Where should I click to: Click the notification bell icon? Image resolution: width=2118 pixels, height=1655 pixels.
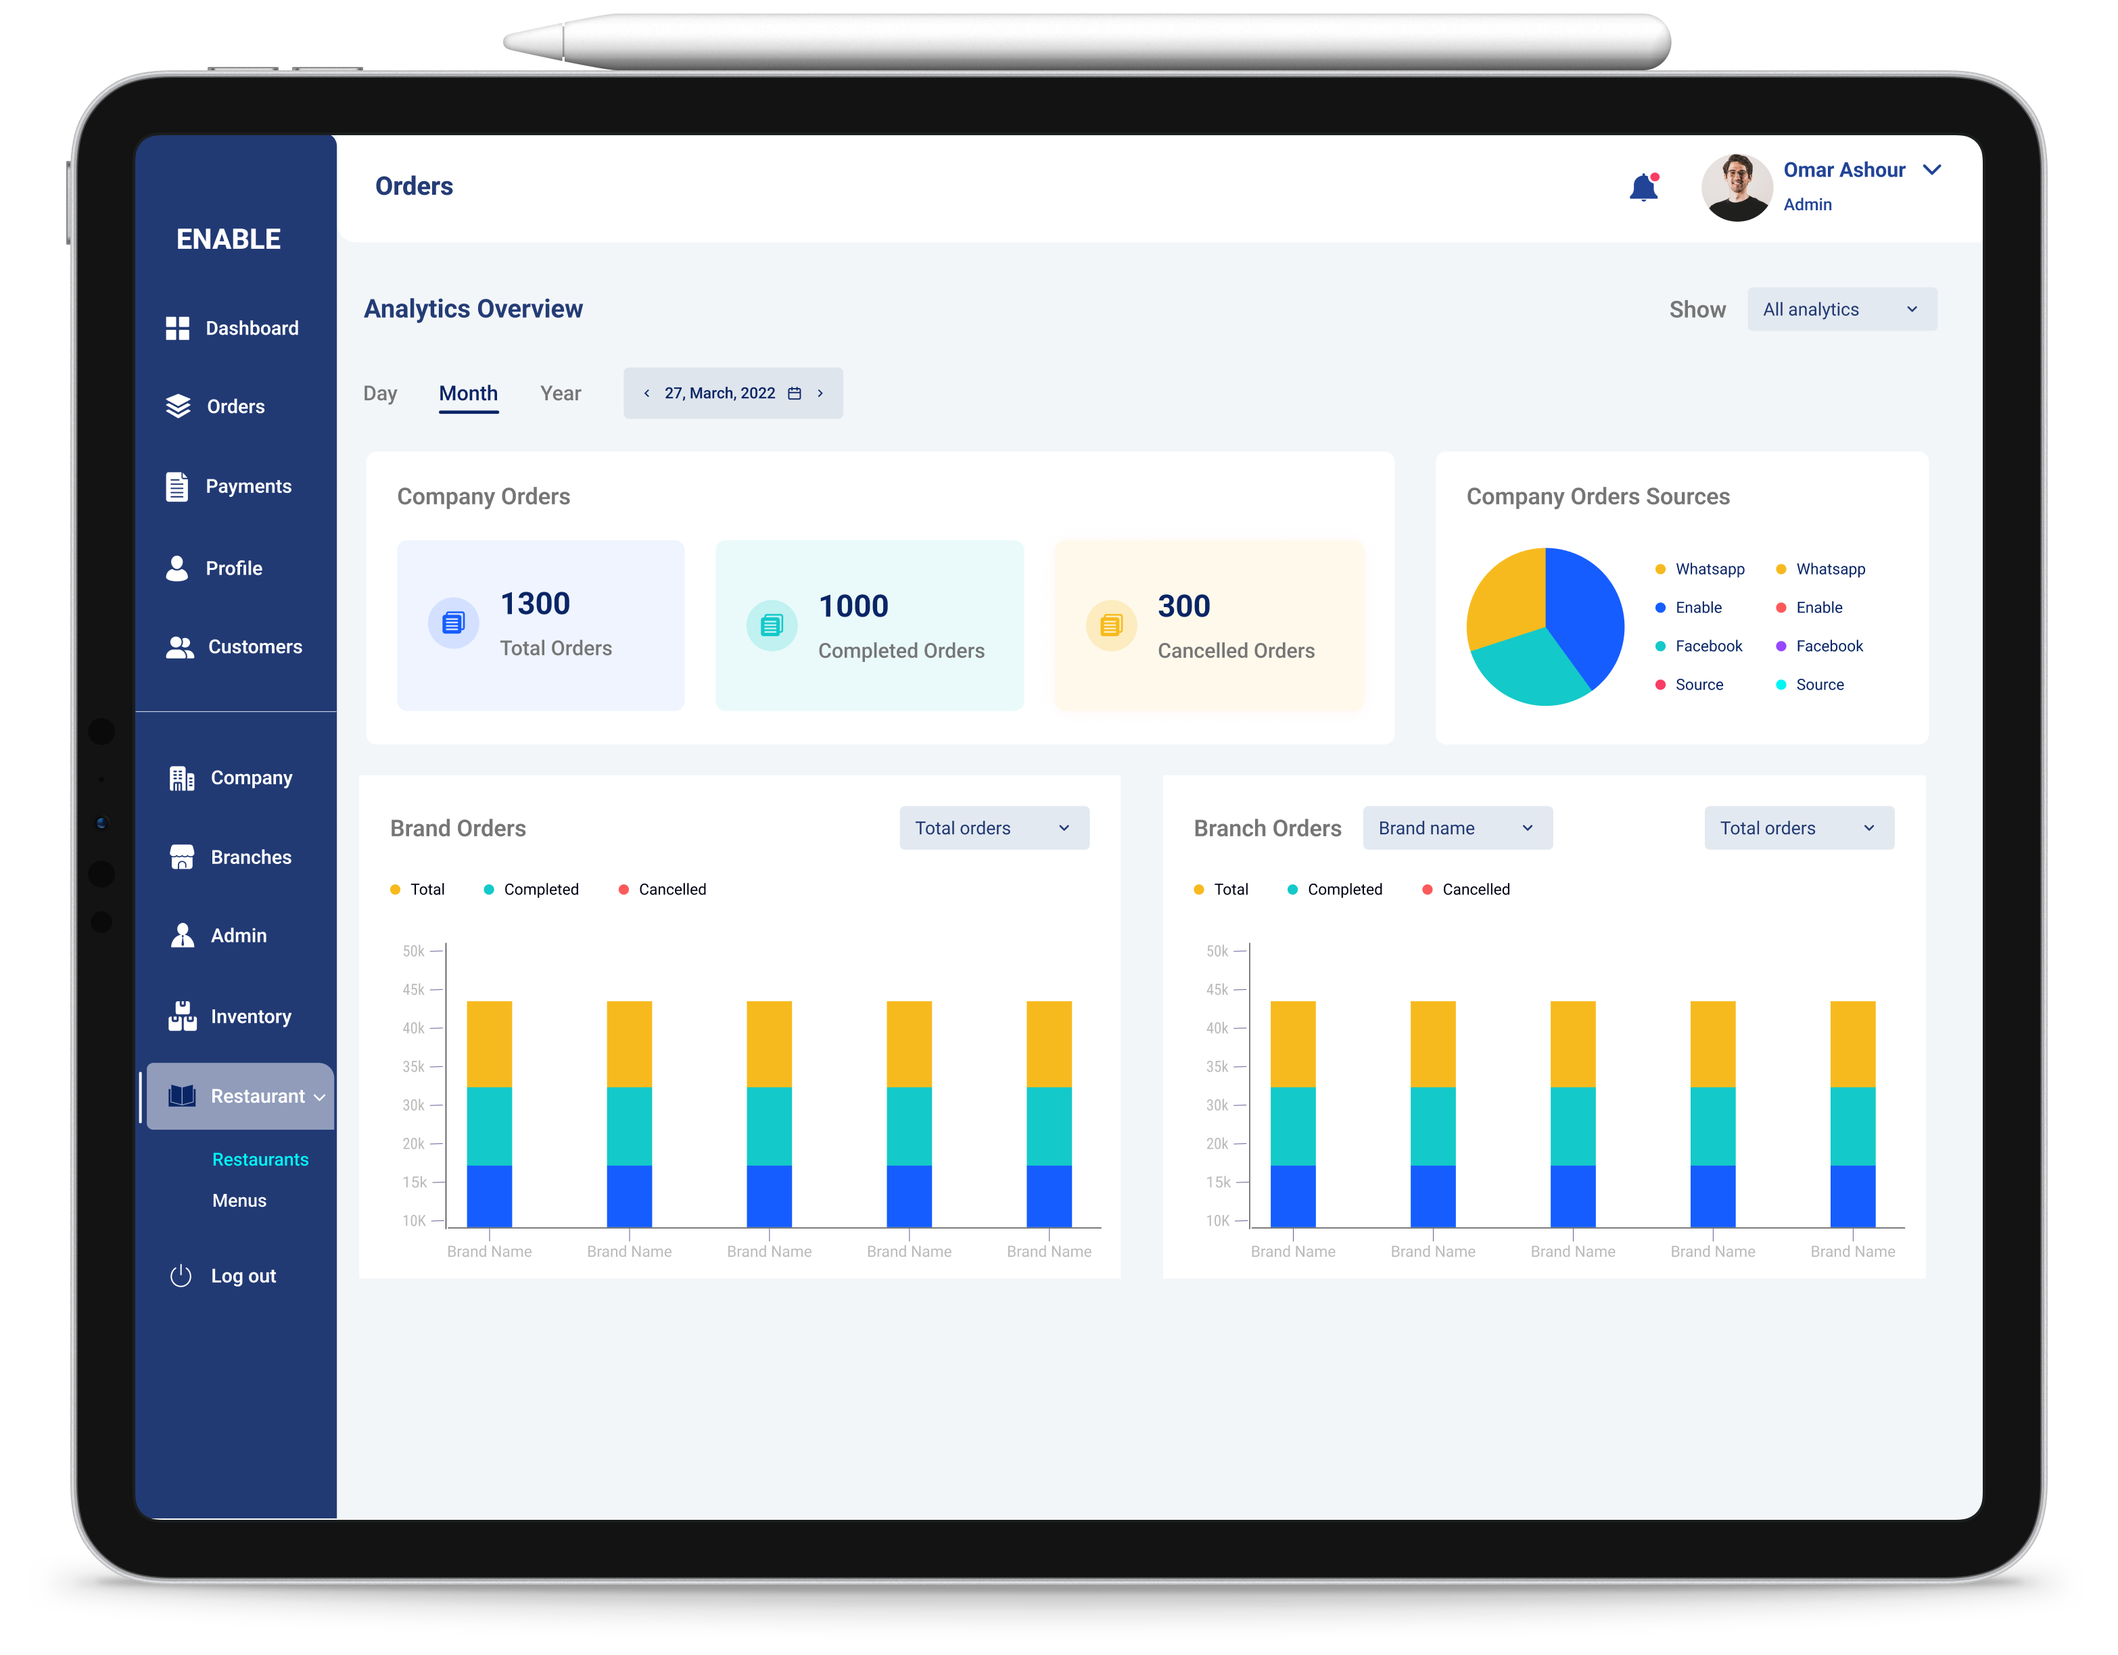[1643, 187]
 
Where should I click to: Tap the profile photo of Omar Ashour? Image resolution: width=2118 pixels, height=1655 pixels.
[1736, 187]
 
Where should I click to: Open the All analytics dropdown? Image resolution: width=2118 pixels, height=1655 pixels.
[1841, 309]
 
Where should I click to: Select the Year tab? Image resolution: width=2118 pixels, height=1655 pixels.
[561, 393]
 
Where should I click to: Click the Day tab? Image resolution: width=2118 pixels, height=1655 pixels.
[380, 393]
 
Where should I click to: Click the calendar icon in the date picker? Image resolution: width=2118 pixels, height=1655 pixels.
[794, 393]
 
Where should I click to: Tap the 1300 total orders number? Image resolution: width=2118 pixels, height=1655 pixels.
[536, 604]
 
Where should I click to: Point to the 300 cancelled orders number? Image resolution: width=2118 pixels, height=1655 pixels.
[1184, 606]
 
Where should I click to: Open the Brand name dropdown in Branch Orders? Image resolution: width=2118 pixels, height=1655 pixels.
[1457, 828]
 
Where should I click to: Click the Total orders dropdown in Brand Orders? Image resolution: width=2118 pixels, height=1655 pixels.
[994, 828]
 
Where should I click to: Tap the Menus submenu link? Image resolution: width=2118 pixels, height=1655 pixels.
[239, 1200]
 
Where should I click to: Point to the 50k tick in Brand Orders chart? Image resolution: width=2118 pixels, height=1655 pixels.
[414, 951]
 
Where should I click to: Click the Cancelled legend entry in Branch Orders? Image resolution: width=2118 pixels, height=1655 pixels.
[1465, 889]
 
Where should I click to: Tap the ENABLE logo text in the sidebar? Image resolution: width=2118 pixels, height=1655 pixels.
[229, 239]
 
